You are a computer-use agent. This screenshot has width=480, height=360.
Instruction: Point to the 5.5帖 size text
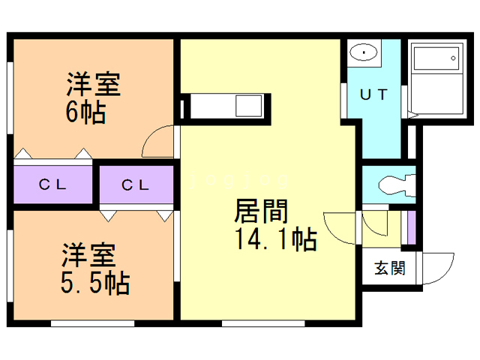pyautogui.click(x=97, y=283)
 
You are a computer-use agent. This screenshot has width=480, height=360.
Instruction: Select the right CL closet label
pyautogui.click(x=135, y=184)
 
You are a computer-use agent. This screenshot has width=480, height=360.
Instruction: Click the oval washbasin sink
pyautogui.click(x=364, y=53)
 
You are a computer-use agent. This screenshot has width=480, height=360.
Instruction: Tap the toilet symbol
pyautogui.click(x=393, y=183)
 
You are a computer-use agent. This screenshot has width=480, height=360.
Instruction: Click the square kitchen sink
pyautogui.click(x=247, y=106)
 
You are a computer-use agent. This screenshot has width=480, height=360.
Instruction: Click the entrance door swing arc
pyautogui.click(x=438, y=267)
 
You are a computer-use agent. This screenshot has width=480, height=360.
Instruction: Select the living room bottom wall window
pyautogui.click(x=263, y=323)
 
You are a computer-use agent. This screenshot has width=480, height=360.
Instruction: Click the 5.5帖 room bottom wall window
pyautogui.click(x=93, y=323)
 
